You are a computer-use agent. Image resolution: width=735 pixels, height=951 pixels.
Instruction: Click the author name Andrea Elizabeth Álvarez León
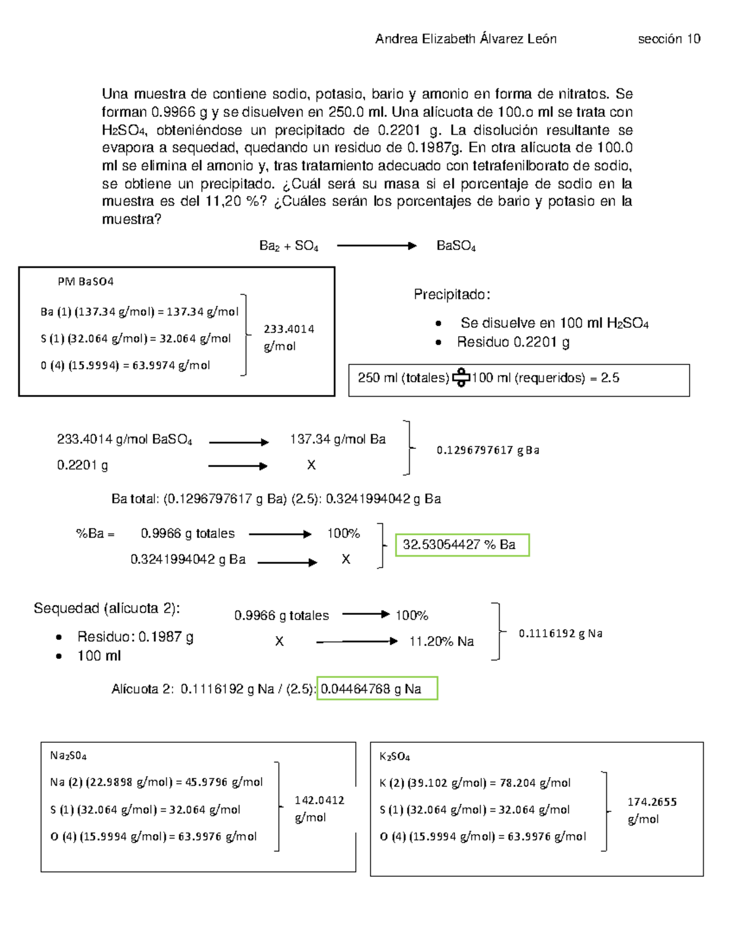(466, 39)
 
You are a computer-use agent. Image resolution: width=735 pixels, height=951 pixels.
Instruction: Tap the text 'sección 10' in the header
(669, 39)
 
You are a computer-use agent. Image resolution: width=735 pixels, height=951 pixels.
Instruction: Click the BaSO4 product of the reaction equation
(456, 246)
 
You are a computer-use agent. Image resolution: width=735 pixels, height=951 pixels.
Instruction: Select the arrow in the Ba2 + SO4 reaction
(376, 246)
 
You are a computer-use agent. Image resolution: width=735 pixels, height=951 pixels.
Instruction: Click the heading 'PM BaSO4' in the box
(86, 282)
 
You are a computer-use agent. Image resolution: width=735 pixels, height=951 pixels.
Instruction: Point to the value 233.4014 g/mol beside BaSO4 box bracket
(288, 337)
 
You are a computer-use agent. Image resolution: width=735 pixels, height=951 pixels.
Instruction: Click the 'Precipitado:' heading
(452, 295)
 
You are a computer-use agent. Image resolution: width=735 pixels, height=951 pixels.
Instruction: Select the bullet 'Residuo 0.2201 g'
(513, 342)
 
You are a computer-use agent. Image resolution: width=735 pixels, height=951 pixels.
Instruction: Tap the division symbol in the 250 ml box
(461, 378)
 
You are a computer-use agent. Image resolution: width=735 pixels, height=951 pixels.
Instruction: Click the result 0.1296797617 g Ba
(488, 450)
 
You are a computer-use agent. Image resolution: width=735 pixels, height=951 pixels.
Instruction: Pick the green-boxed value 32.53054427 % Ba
(462, 544)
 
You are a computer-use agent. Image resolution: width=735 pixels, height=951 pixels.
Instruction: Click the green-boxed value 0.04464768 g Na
(377, 689)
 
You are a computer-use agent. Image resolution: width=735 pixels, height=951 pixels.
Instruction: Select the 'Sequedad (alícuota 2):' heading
(107, 608)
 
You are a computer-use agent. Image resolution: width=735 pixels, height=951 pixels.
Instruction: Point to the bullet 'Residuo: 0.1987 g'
(135, 637)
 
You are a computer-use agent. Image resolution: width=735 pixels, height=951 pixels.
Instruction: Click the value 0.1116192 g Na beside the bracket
(560, 634)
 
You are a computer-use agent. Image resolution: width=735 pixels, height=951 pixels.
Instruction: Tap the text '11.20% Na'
(441, 641)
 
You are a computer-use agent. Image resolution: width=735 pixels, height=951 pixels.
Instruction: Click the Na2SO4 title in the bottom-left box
(68, 756)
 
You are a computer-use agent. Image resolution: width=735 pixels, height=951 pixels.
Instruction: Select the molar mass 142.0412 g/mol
(319, 808)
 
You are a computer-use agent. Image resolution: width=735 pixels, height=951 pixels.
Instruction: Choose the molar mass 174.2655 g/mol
(652, 810)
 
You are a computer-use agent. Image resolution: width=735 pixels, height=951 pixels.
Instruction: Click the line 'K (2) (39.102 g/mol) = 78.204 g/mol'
(475, 783)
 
